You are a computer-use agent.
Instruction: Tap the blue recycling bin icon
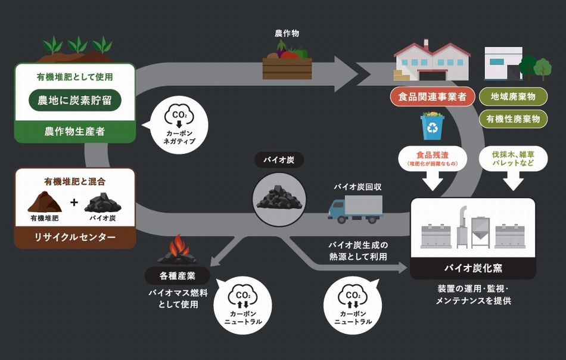(x=433, y=125)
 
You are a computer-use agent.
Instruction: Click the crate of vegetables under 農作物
(x=287, y=63)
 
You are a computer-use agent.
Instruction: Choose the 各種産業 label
(x=177, y=276)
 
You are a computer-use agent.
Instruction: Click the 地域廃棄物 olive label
(x=513, y=97)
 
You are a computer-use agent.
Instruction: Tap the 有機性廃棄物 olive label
(x=513, y=119)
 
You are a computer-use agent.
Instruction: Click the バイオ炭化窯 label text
(x=473, y=268)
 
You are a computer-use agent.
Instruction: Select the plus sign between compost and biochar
(x=74, y=202)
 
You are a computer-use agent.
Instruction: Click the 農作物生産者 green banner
(x=75, y=131)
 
